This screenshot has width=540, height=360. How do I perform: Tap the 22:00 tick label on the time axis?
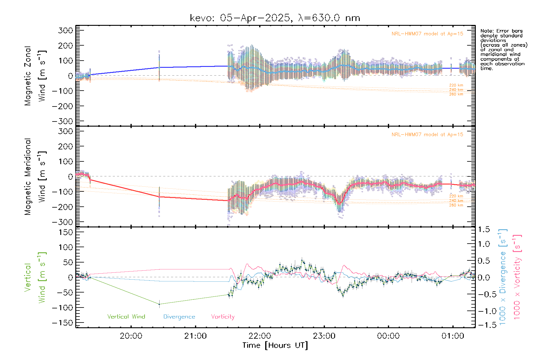pyautogui.click(x=260, y=336)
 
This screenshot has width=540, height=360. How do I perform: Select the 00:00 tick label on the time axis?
pyautogui.click(x=388, y=336)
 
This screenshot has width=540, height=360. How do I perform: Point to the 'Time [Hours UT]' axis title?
pyautogui.click(x=275, y=345)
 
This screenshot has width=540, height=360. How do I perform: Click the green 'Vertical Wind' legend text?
pyautogui.click(x=126, y=316)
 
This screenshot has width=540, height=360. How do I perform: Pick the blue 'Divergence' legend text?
pyautogui.click(x=179, y=316)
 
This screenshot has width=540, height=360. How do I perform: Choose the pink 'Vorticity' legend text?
pyautogui.click(x=223, y=316)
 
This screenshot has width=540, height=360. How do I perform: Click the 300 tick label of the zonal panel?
pyautogui.click(x=65, y=30)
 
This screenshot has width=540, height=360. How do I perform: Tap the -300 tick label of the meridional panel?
pyautogui.click(x=63, y=222)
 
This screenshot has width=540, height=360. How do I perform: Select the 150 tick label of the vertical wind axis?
pyautogui.click(x=65, y=232)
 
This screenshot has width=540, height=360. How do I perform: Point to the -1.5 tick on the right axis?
pyautogui.click(x=484, y=325)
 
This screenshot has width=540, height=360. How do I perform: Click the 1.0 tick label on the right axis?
pyautogui.click(x=484, y=244)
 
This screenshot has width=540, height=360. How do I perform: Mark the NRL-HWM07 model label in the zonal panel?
pyautogui.click(x=427, y=34)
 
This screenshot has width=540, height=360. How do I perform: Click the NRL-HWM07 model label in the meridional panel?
pyautogui.click(x=427, y=135)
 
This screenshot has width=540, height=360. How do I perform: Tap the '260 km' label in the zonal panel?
pyautogui.click(x=456, y=94)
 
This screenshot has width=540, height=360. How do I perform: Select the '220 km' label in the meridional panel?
pyautogui.click(x=456, y=196)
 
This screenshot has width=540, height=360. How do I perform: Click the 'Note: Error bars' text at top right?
pyautogui.click(x=501, y=31)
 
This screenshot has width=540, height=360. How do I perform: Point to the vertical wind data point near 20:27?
pyautogui.click(x=159, y=304)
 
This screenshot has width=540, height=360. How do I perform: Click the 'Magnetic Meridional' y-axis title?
pyautogui.click(x=28, y=177)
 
